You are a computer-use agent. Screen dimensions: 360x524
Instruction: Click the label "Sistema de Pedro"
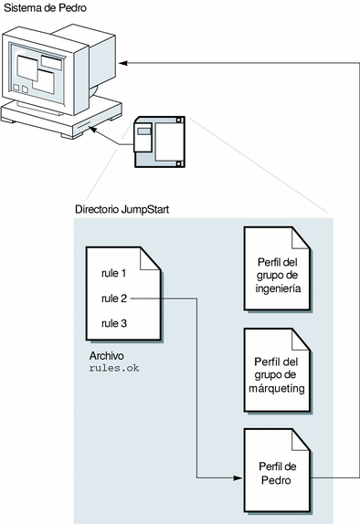45,7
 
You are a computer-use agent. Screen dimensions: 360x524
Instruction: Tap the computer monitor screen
37,73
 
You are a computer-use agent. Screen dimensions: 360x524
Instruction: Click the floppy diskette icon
160,141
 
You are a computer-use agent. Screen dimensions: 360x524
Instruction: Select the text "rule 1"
113,273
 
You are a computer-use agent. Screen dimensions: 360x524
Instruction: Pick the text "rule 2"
114,299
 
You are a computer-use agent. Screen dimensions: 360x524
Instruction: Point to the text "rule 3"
114,323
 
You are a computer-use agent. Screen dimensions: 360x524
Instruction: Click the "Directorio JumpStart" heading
122,209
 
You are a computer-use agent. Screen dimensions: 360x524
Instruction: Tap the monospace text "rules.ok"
114,368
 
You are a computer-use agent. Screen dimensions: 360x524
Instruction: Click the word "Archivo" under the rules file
106,356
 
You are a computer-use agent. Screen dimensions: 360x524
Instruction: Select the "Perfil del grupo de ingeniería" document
278,269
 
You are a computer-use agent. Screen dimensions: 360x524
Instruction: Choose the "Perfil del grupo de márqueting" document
278,371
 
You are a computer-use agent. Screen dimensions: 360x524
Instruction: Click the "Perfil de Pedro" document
278,471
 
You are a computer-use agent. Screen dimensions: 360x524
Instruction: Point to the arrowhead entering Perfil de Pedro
238,477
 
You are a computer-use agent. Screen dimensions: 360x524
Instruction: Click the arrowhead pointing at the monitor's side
123,62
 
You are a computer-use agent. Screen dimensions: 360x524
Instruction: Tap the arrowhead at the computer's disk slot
93,130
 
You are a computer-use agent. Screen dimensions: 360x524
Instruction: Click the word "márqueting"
277,388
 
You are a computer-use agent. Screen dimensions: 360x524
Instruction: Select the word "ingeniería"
278,288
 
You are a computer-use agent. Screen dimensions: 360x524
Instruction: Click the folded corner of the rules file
150,258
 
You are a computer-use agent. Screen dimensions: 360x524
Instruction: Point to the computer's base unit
61,118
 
